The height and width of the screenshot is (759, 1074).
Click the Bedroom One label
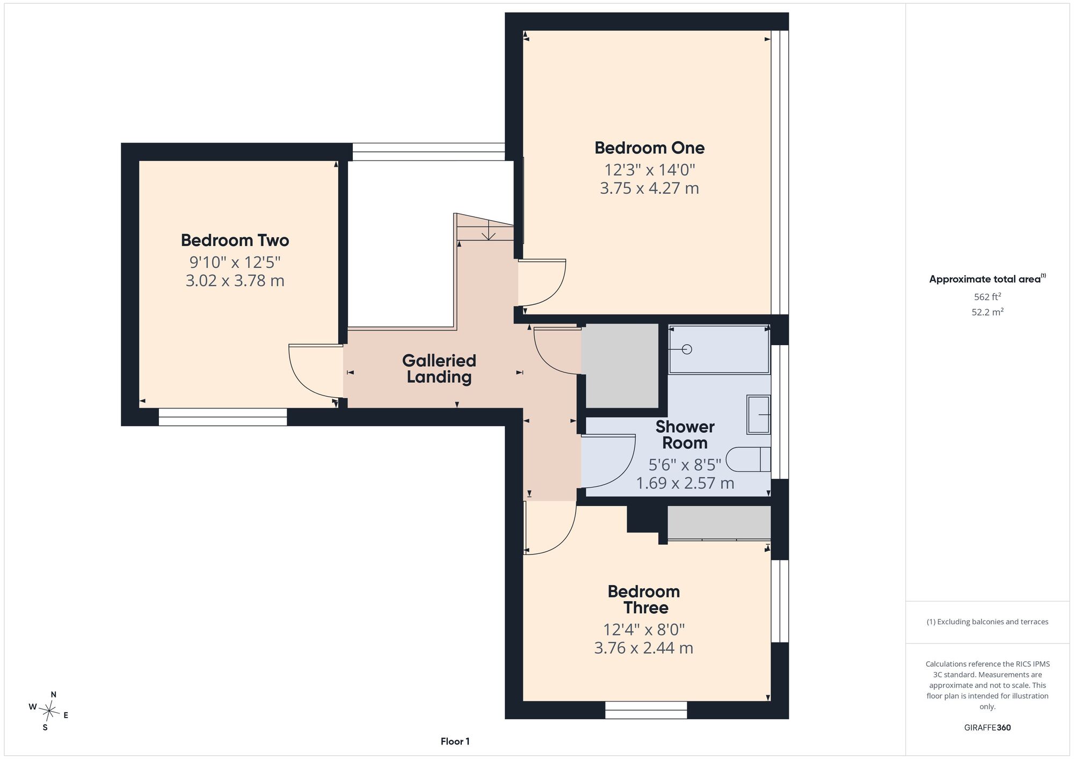pos(649,148)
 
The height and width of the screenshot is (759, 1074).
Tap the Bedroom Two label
pos(235,240)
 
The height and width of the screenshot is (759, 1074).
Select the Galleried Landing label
pos(439,369)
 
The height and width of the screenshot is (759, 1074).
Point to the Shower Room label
pos(685,435)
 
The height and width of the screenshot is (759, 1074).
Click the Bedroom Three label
pos(644,600)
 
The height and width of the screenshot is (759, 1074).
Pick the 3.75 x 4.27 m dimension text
pos(649,188)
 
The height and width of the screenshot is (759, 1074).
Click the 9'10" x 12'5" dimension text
pos(235,262)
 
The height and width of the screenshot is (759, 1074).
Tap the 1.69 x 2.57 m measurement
pos(685,483)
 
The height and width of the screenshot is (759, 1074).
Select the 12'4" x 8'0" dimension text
pos(644,629)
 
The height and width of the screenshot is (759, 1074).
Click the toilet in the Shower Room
pos(748,459)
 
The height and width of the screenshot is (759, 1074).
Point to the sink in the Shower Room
pos(759,414)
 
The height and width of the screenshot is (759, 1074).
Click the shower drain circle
pos(687,349)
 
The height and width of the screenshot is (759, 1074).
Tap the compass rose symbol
pos(49,712)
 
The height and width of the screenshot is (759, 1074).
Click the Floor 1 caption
pos(455,741)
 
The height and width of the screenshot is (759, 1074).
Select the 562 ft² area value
pos(988,296)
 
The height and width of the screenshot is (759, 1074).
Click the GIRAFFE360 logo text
pos(988,728)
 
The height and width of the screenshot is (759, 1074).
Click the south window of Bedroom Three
pos(646,710)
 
